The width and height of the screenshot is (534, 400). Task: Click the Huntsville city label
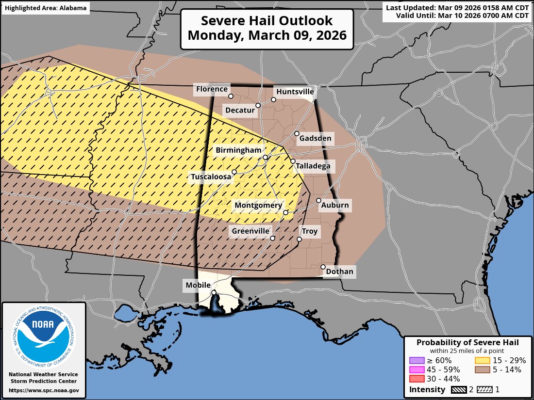[295, 92]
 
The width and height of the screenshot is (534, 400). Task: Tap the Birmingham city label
[239, 150]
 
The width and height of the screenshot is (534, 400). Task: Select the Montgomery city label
[258, 206]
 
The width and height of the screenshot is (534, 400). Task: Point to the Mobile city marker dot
[214, 292]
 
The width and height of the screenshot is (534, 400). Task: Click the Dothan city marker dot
[323, 267]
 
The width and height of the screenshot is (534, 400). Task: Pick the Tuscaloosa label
[211, 177]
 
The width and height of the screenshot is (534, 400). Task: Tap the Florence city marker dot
[231, 96]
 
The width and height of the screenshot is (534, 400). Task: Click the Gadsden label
[315, 138]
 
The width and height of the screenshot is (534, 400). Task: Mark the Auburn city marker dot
[319, 200]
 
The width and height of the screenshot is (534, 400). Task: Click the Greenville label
[250, 231]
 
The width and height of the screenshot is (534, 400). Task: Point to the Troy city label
[309, 231]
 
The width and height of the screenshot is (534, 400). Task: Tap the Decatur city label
[240, 111]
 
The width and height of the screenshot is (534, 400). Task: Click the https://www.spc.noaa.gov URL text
[44, 390]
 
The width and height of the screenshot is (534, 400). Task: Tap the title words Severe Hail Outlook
[267, 21]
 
